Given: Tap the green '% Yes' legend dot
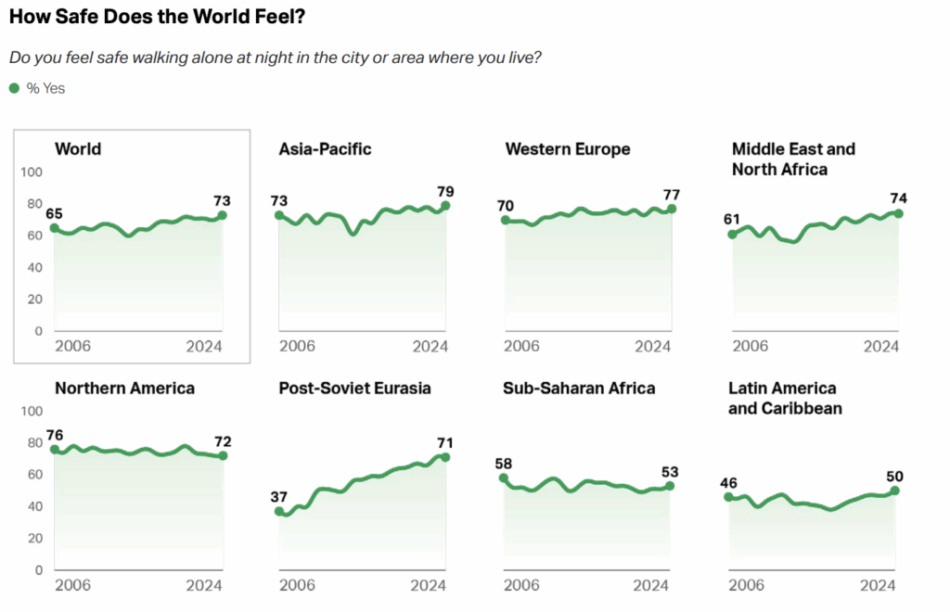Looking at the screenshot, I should click(x=14, y=88).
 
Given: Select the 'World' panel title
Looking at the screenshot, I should click(x=78, y=149).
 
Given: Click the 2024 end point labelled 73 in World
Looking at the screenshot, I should click(x=222, y=215).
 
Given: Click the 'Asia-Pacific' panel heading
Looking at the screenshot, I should click(x=325, y=149).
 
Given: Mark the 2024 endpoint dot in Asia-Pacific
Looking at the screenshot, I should click(x=445, y=206).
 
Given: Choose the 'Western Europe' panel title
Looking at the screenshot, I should click(x=567, y=149).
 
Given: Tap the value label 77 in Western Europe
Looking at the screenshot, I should click(x=671, y=195).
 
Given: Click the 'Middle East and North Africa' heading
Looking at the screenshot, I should click(x=793, y=159).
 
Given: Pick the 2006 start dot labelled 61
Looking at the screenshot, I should click(x=732, y=235).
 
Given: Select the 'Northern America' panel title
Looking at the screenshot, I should click(x=124, y=389).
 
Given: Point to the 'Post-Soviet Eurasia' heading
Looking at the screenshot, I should click(x=354, y=389).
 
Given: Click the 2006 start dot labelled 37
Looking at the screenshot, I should click(x=279, y=511).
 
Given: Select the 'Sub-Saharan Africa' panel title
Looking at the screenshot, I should click(x=578, y=389).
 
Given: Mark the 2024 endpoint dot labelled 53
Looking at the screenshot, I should click(x=670, y=486).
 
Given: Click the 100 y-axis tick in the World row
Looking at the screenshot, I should click(x=32, y=172).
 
